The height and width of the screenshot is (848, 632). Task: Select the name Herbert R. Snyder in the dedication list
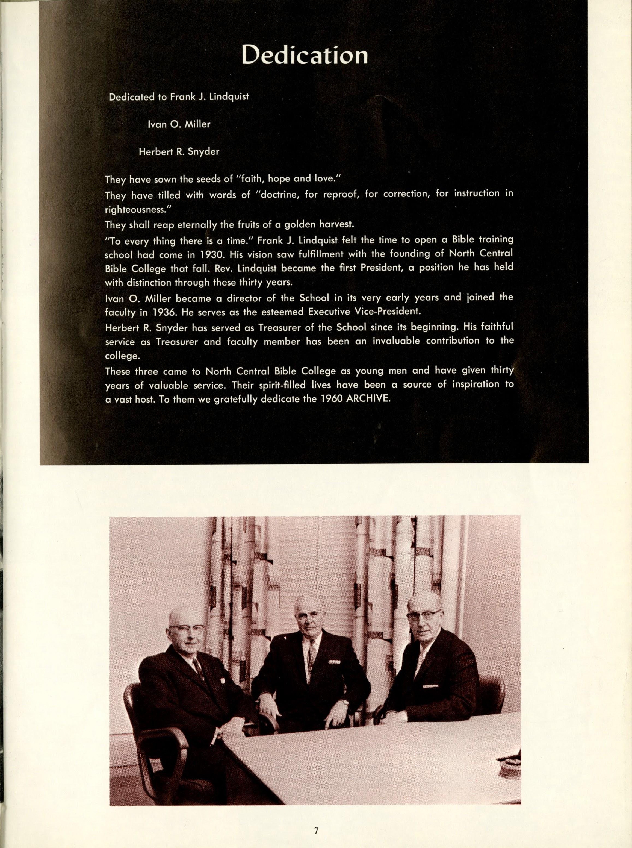(179, 152)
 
